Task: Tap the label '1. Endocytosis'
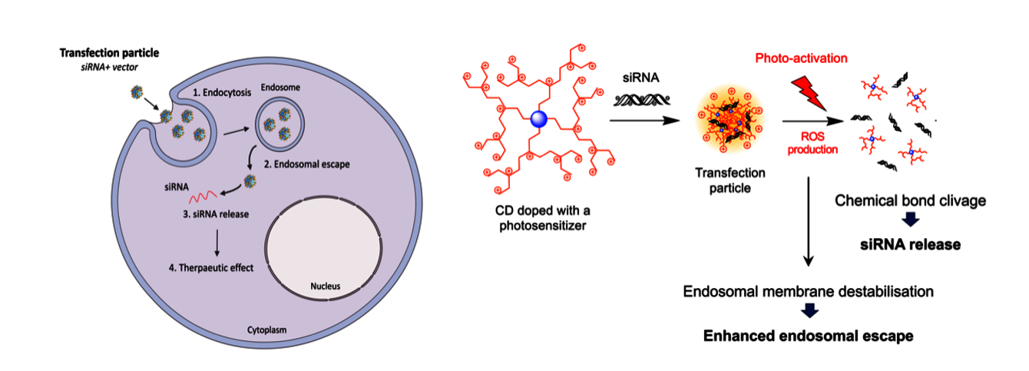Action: tap(224, 92)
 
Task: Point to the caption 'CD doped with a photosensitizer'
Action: tap(538, 218)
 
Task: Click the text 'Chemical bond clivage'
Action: tap(911, 201)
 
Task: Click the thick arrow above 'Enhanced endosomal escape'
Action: tap(809, 312)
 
